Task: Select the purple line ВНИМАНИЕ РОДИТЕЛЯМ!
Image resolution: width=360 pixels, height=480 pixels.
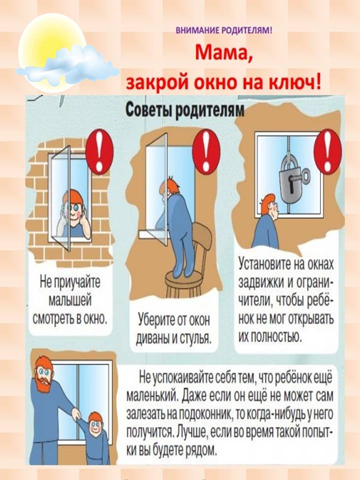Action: tap(224, 30)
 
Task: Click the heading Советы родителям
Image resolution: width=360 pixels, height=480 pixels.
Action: tap(185, 109)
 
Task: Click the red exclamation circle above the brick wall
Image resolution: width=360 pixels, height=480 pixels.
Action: tap(99, 151)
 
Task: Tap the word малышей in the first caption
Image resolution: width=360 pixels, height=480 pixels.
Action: tap(70, 300)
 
